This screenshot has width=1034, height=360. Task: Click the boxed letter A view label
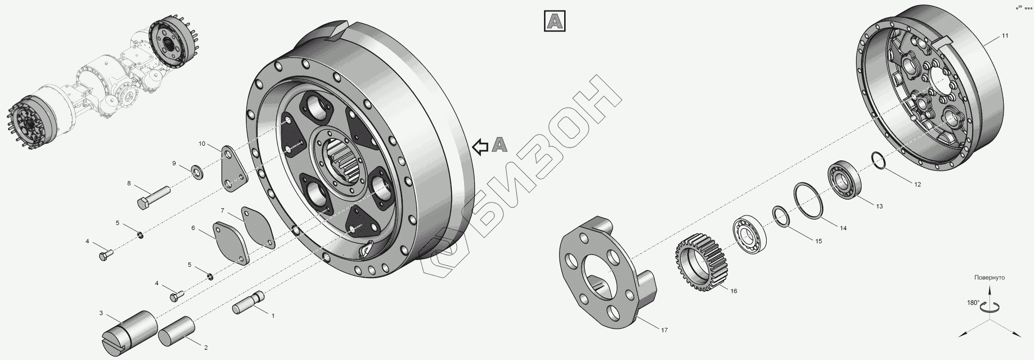pyautogui.click(x=555, y=21)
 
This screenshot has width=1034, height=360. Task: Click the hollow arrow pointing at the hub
pyautogui.click(x=480, y=146)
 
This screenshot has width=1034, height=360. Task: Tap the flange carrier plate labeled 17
pyautogui.click(x=609, y=271)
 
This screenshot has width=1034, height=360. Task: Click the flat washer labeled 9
pyautogui.click(x=197, y=171)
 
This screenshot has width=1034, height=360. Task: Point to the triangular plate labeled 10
pyautogui.click(x=234, y=169)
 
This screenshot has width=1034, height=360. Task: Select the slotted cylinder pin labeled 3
pyautogui.click(x=130, y=332)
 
